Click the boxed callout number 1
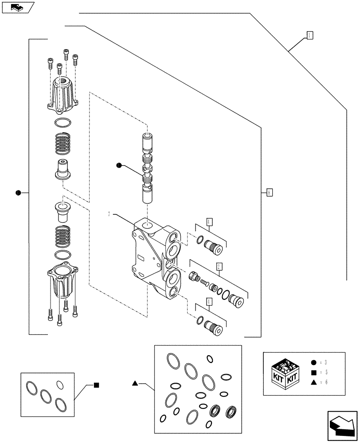coord(309,35)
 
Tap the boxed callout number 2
coord(219,266)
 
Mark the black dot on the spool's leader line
coord(118,166)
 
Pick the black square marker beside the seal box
coord(96,385)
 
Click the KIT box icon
coord(284,373)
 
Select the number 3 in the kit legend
coord(326,362)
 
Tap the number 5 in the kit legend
coord(326,373)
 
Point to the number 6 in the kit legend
coord(326,382)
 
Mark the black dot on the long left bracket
coord(18,193)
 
